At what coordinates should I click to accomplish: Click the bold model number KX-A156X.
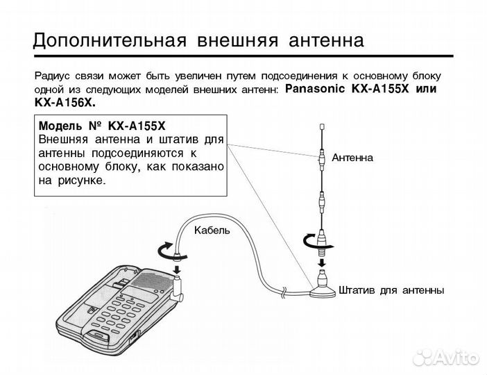pyautogui.click(x=65, y=102)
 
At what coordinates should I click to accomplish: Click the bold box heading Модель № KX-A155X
pyautogui.click(x=103, y=127)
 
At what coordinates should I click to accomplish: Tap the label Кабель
pyautogui.click(x=211, y=230)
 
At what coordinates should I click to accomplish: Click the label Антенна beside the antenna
pyautogui.click(x=352, y=158)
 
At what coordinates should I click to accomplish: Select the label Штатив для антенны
pyautogui.click(x=391, y=288)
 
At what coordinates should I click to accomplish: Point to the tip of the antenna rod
pyautogui.click(x=321, y=126)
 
